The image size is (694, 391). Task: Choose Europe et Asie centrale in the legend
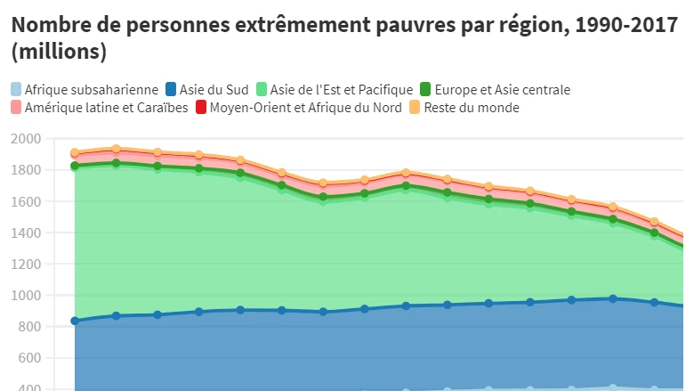tap(502, 89)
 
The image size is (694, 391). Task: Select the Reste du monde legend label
tap(472, 108)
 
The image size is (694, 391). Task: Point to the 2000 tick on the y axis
tap(27, 139)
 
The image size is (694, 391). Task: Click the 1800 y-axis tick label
tap(27, 170)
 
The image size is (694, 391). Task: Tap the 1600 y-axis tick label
tap(27, 201)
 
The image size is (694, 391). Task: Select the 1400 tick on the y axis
tap(27, 232)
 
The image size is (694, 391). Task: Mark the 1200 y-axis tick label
tap(27, 264)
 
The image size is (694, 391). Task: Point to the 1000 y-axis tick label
tap(27, 296)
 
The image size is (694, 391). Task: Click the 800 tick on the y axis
tap(30, 327)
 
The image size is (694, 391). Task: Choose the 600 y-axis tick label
tap(30, 358)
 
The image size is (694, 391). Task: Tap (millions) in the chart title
tap(59, 53)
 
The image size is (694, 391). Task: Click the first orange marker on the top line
tap(75, 152)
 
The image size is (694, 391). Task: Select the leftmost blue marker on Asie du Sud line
tap(75, 321)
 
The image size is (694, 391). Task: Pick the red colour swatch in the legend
tap(201, 108)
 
